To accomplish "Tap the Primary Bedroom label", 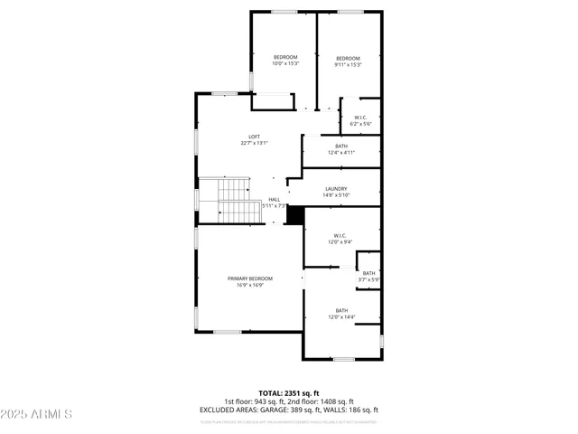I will pos(250,278).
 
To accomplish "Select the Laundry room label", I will pos(337,188).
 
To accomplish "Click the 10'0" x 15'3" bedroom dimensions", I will pos(285,64).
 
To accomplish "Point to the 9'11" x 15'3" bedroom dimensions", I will pos(348,65).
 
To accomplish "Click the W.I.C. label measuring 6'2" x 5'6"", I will pos(359,118).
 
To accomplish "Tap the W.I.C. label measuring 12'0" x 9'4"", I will pos(340,236).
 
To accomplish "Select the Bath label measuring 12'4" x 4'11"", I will pos(341,146).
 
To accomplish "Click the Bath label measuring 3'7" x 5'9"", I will pos(368,273).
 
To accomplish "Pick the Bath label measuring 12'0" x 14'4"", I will pos(341,310).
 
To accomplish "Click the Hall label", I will pos(274,199).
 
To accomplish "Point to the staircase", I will pos(232,201).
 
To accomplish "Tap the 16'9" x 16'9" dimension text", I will pos(250,286).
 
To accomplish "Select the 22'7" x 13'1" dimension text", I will pos(255,143).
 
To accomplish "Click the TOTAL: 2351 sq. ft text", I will pos(288,393).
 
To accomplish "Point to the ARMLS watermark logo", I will pos(37,414).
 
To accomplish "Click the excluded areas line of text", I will pos(288,409).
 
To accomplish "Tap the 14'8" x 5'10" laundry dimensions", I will pos(337,195).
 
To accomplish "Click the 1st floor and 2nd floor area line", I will pos(288,401).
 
